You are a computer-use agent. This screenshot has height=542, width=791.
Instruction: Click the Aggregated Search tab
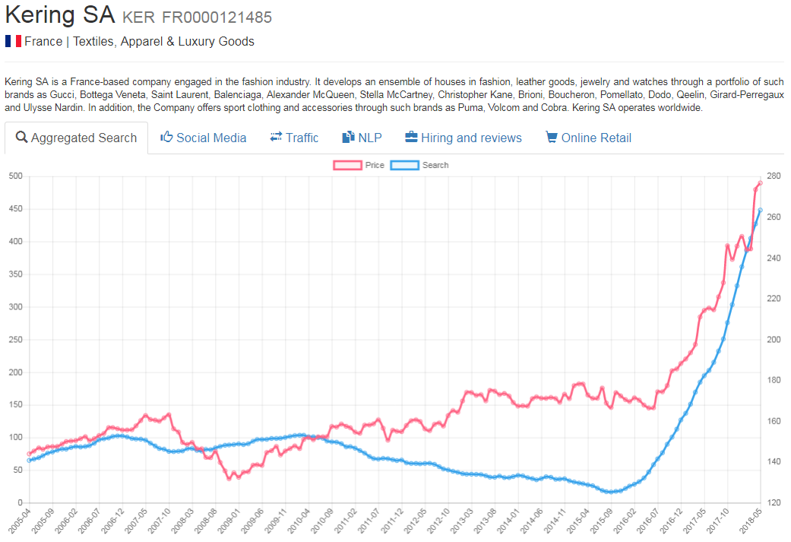pyautogui.click(x=76, y=138)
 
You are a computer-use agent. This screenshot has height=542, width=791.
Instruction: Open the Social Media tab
pyautogui.click(x=203, y=138)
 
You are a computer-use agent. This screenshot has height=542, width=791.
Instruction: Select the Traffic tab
pyautogui.click(x=294, y=138)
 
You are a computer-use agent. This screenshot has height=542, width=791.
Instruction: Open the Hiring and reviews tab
pyautogui.click(x=463, y=138)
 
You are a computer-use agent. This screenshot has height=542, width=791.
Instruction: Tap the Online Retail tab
pyautogui.click(x=588, y=138)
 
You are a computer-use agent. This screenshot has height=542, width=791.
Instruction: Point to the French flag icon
pyautogui.click(x=12, y=41)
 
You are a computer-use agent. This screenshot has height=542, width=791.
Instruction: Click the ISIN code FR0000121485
pyautogui.click(x=217, y=17)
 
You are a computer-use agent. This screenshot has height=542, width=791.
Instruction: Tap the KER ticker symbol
pyautogui.click(x=138, y=17)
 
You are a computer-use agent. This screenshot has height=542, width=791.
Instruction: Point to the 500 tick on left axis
pyautogui.click(x=14, y=176)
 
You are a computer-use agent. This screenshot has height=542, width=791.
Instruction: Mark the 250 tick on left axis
pyautogui.click(x=14, y=340)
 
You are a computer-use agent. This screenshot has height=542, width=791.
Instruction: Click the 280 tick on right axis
pyautogui.click(x=774, y=176)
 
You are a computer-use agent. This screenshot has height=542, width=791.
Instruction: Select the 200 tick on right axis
pyautogui.click(x=774, y=340)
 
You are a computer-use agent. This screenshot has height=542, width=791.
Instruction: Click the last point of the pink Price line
pyautogui.click(x=760, y=182)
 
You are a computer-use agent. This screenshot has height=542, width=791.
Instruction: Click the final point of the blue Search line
pyautogui.click(x=760, y=210)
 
